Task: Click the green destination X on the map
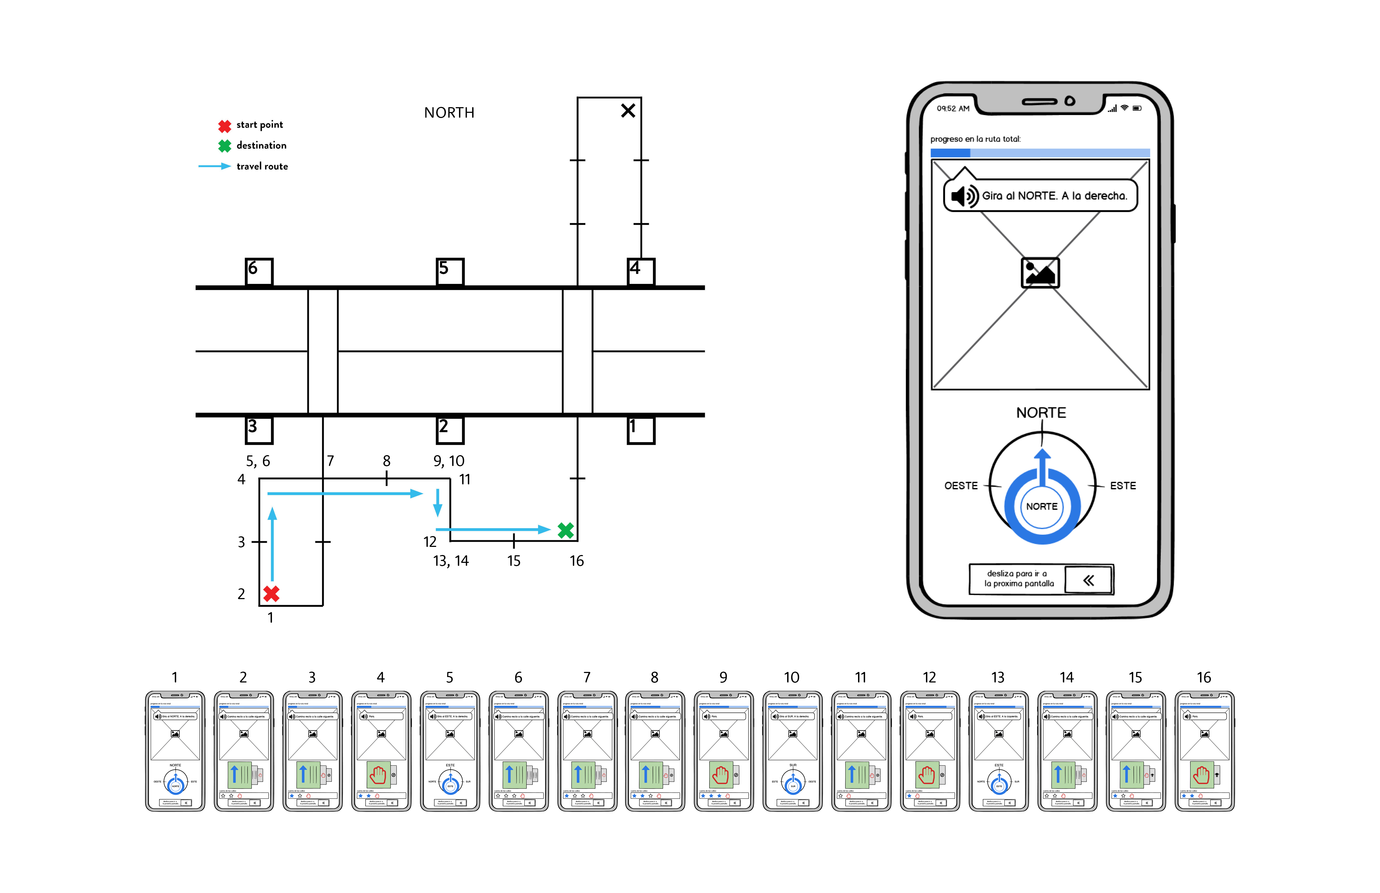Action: (x=565, y=530)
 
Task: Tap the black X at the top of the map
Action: (x=628, y=111)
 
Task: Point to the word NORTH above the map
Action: (x=449, y=113)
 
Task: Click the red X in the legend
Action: (x=224, y=125)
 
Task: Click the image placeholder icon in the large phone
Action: (x=1040, y=273)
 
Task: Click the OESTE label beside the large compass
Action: (x=961, y=485)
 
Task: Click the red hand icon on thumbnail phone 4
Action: (x=378, y=775)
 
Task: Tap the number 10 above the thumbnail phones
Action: (x=791, y=677)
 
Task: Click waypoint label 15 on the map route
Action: (x=514, y=561)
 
